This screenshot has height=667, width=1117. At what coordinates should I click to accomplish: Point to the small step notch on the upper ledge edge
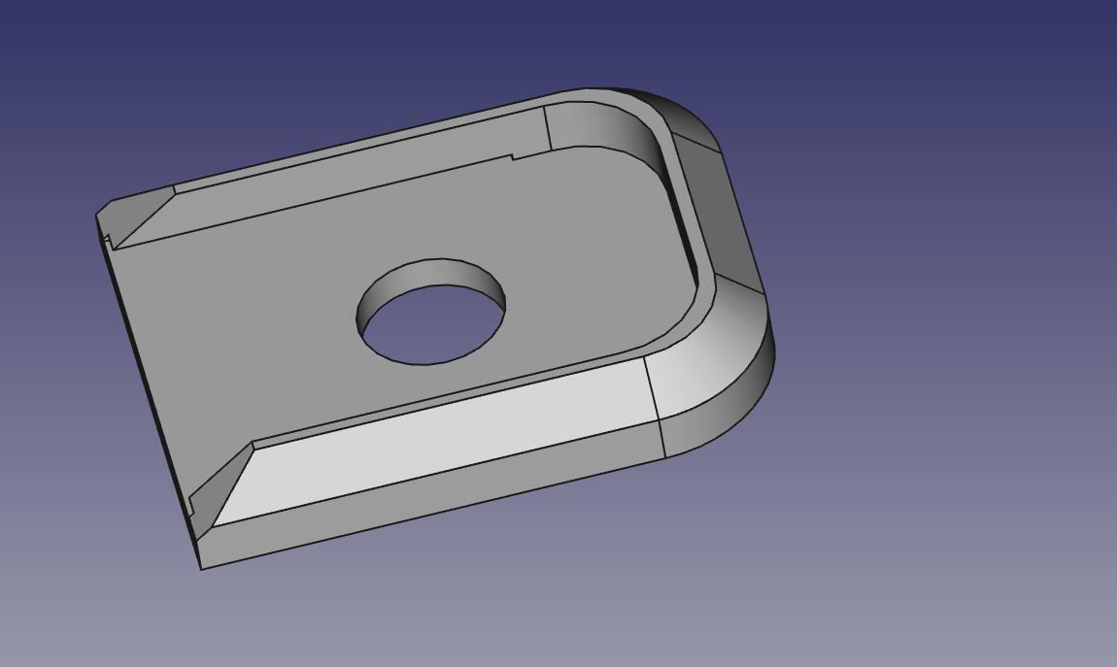point(512,156)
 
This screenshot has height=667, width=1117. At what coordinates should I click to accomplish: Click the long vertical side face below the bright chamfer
point(437,500)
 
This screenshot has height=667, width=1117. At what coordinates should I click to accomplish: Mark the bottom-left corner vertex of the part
point(201,569)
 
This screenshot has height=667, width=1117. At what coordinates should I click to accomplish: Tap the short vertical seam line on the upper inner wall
point(547,128)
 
